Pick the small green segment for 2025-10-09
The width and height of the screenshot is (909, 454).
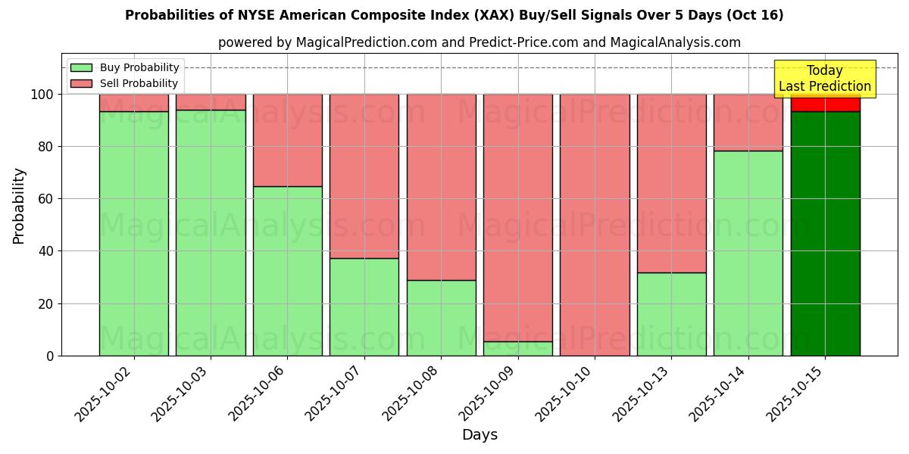[518, 349]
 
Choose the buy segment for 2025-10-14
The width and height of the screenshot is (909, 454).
[748, 253]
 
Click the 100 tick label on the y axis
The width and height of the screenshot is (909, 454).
[42, 95]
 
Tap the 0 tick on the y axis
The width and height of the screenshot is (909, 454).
[49, 356]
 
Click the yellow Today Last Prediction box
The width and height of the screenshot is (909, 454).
[824, 79]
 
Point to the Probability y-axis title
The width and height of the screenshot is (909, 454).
[19, 206]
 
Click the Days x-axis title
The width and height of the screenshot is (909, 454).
[479, 435]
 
